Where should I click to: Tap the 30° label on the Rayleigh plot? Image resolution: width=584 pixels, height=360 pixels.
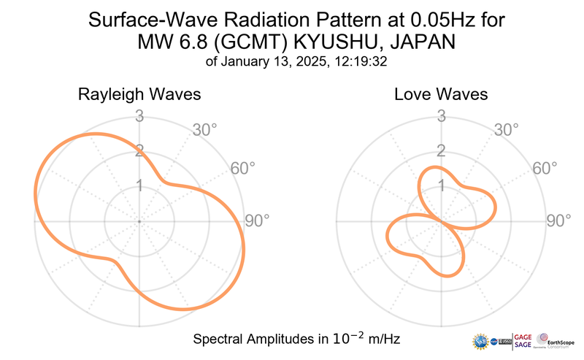click(205, 130)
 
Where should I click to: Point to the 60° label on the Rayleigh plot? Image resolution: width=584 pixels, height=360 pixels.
click(243, 168)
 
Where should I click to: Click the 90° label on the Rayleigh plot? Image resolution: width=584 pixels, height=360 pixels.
click(257, 221)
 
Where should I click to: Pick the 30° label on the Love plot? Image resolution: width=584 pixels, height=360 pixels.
click(507, 130)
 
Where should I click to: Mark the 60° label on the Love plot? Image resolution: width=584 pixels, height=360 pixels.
click(545, 168)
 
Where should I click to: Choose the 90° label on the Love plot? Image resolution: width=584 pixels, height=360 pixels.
click(559, 221)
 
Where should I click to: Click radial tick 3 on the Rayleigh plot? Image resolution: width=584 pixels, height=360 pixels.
click(139, 115)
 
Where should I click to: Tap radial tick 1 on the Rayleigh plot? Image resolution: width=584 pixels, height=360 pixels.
click(139, 185)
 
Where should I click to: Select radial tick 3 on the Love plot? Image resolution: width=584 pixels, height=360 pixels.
click(441, 115)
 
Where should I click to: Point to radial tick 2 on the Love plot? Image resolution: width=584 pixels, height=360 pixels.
click(441, 150)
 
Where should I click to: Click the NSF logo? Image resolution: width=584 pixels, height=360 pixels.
click(480, 340)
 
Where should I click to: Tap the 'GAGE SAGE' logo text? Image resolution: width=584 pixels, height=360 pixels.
click(523, 340)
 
